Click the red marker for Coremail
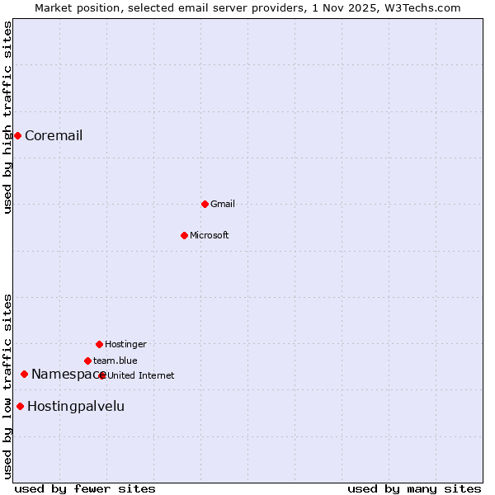click(x=17, y=135)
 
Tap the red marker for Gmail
click(x=205, y=204)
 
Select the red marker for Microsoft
click(x=185, y=235)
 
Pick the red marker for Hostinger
click(x=99, y=344)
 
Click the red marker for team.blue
click(x=87, y=361)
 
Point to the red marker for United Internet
click(x=102, y=375)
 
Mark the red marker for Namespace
click(x=24, y=375)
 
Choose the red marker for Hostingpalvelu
click(x=20, y=406)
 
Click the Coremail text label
click(x=54, y=136)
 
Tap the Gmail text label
click(x=223, y=205)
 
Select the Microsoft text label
click(x=210, y=236)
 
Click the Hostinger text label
click(x=125, y=345)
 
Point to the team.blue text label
click(x=115, y=361)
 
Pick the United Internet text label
click(x=141, y=376)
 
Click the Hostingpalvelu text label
click(x=76, y=407)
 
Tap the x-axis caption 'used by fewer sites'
click(x=85, y=488)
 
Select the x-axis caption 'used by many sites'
click(x=414, y=488)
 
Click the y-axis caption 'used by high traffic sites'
click(x=8, y=117)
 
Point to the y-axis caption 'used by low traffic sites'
click(x=8, y=386)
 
